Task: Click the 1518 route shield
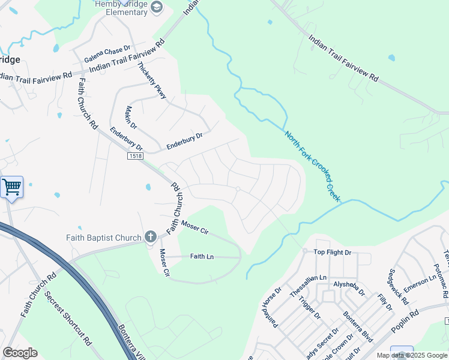135,156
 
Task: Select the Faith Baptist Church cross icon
150,238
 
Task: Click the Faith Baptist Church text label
103,238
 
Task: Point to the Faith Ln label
202,256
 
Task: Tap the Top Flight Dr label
332,253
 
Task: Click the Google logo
20,353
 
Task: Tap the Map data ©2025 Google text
412,355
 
